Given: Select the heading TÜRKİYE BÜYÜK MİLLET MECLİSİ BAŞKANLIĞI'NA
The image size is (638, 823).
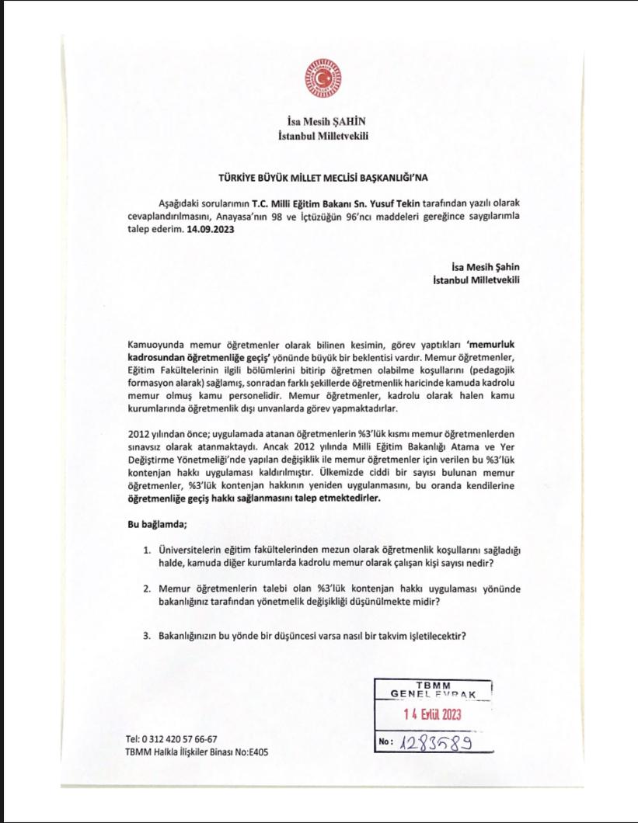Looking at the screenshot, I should [322, 177].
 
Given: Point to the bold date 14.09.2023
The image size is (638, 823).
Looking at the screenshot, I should [211, 230].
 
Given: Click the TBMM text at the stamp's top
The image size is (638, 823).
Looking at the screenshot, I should [433, 684].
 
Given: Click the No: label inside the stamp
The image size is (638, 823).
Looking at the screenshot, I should [386, 742].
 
